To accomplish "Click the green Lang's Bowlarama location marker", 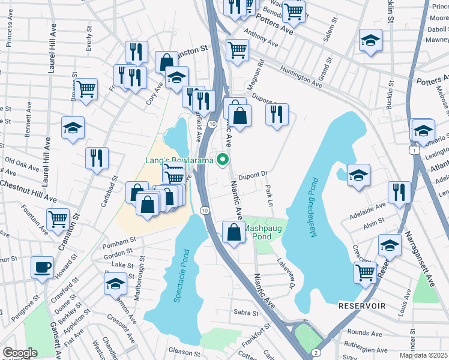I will pos(223,160).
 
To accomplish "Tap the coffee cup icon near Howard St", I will pos(42,267).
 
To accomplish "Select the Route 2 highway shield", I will pos(315,352).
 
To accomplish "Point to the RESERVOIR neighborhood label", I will pos(361,306).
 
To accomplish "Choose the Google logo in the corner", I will pos(20,353).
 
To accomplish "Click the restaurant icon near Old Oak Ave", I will pos(97,158).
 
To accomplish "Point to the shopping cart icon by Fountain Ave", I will pos(58,219).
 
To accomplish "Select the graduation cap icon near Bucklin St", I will pos(370,40).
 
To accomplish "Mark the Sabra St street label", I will pos(246,312).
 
